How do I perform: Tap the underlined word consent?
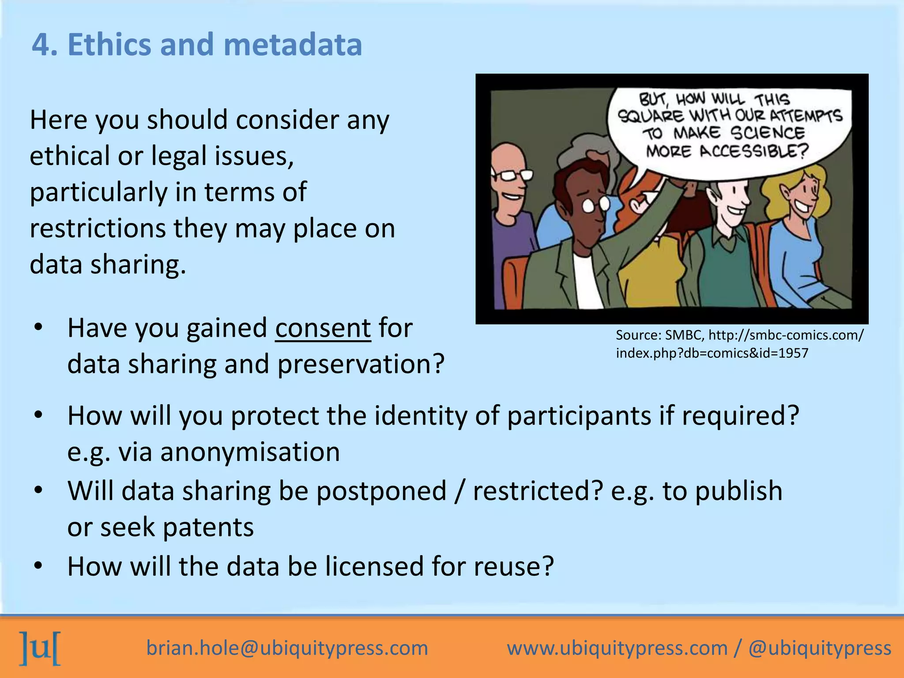click(x=323, y=328)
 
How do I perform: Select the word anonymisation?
click(x=250, y=452)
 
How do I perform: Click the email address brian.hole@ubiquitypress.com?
click(x=287, y=648)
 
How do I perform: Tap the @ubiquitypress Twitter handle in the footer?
click(x=820, y=648)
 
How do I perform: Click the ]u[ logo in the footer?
click(x=40, y=648)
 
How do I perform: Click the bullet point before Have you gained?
click(x=38, y=328)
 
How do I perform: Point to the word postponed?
click(x=381, y=491)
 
